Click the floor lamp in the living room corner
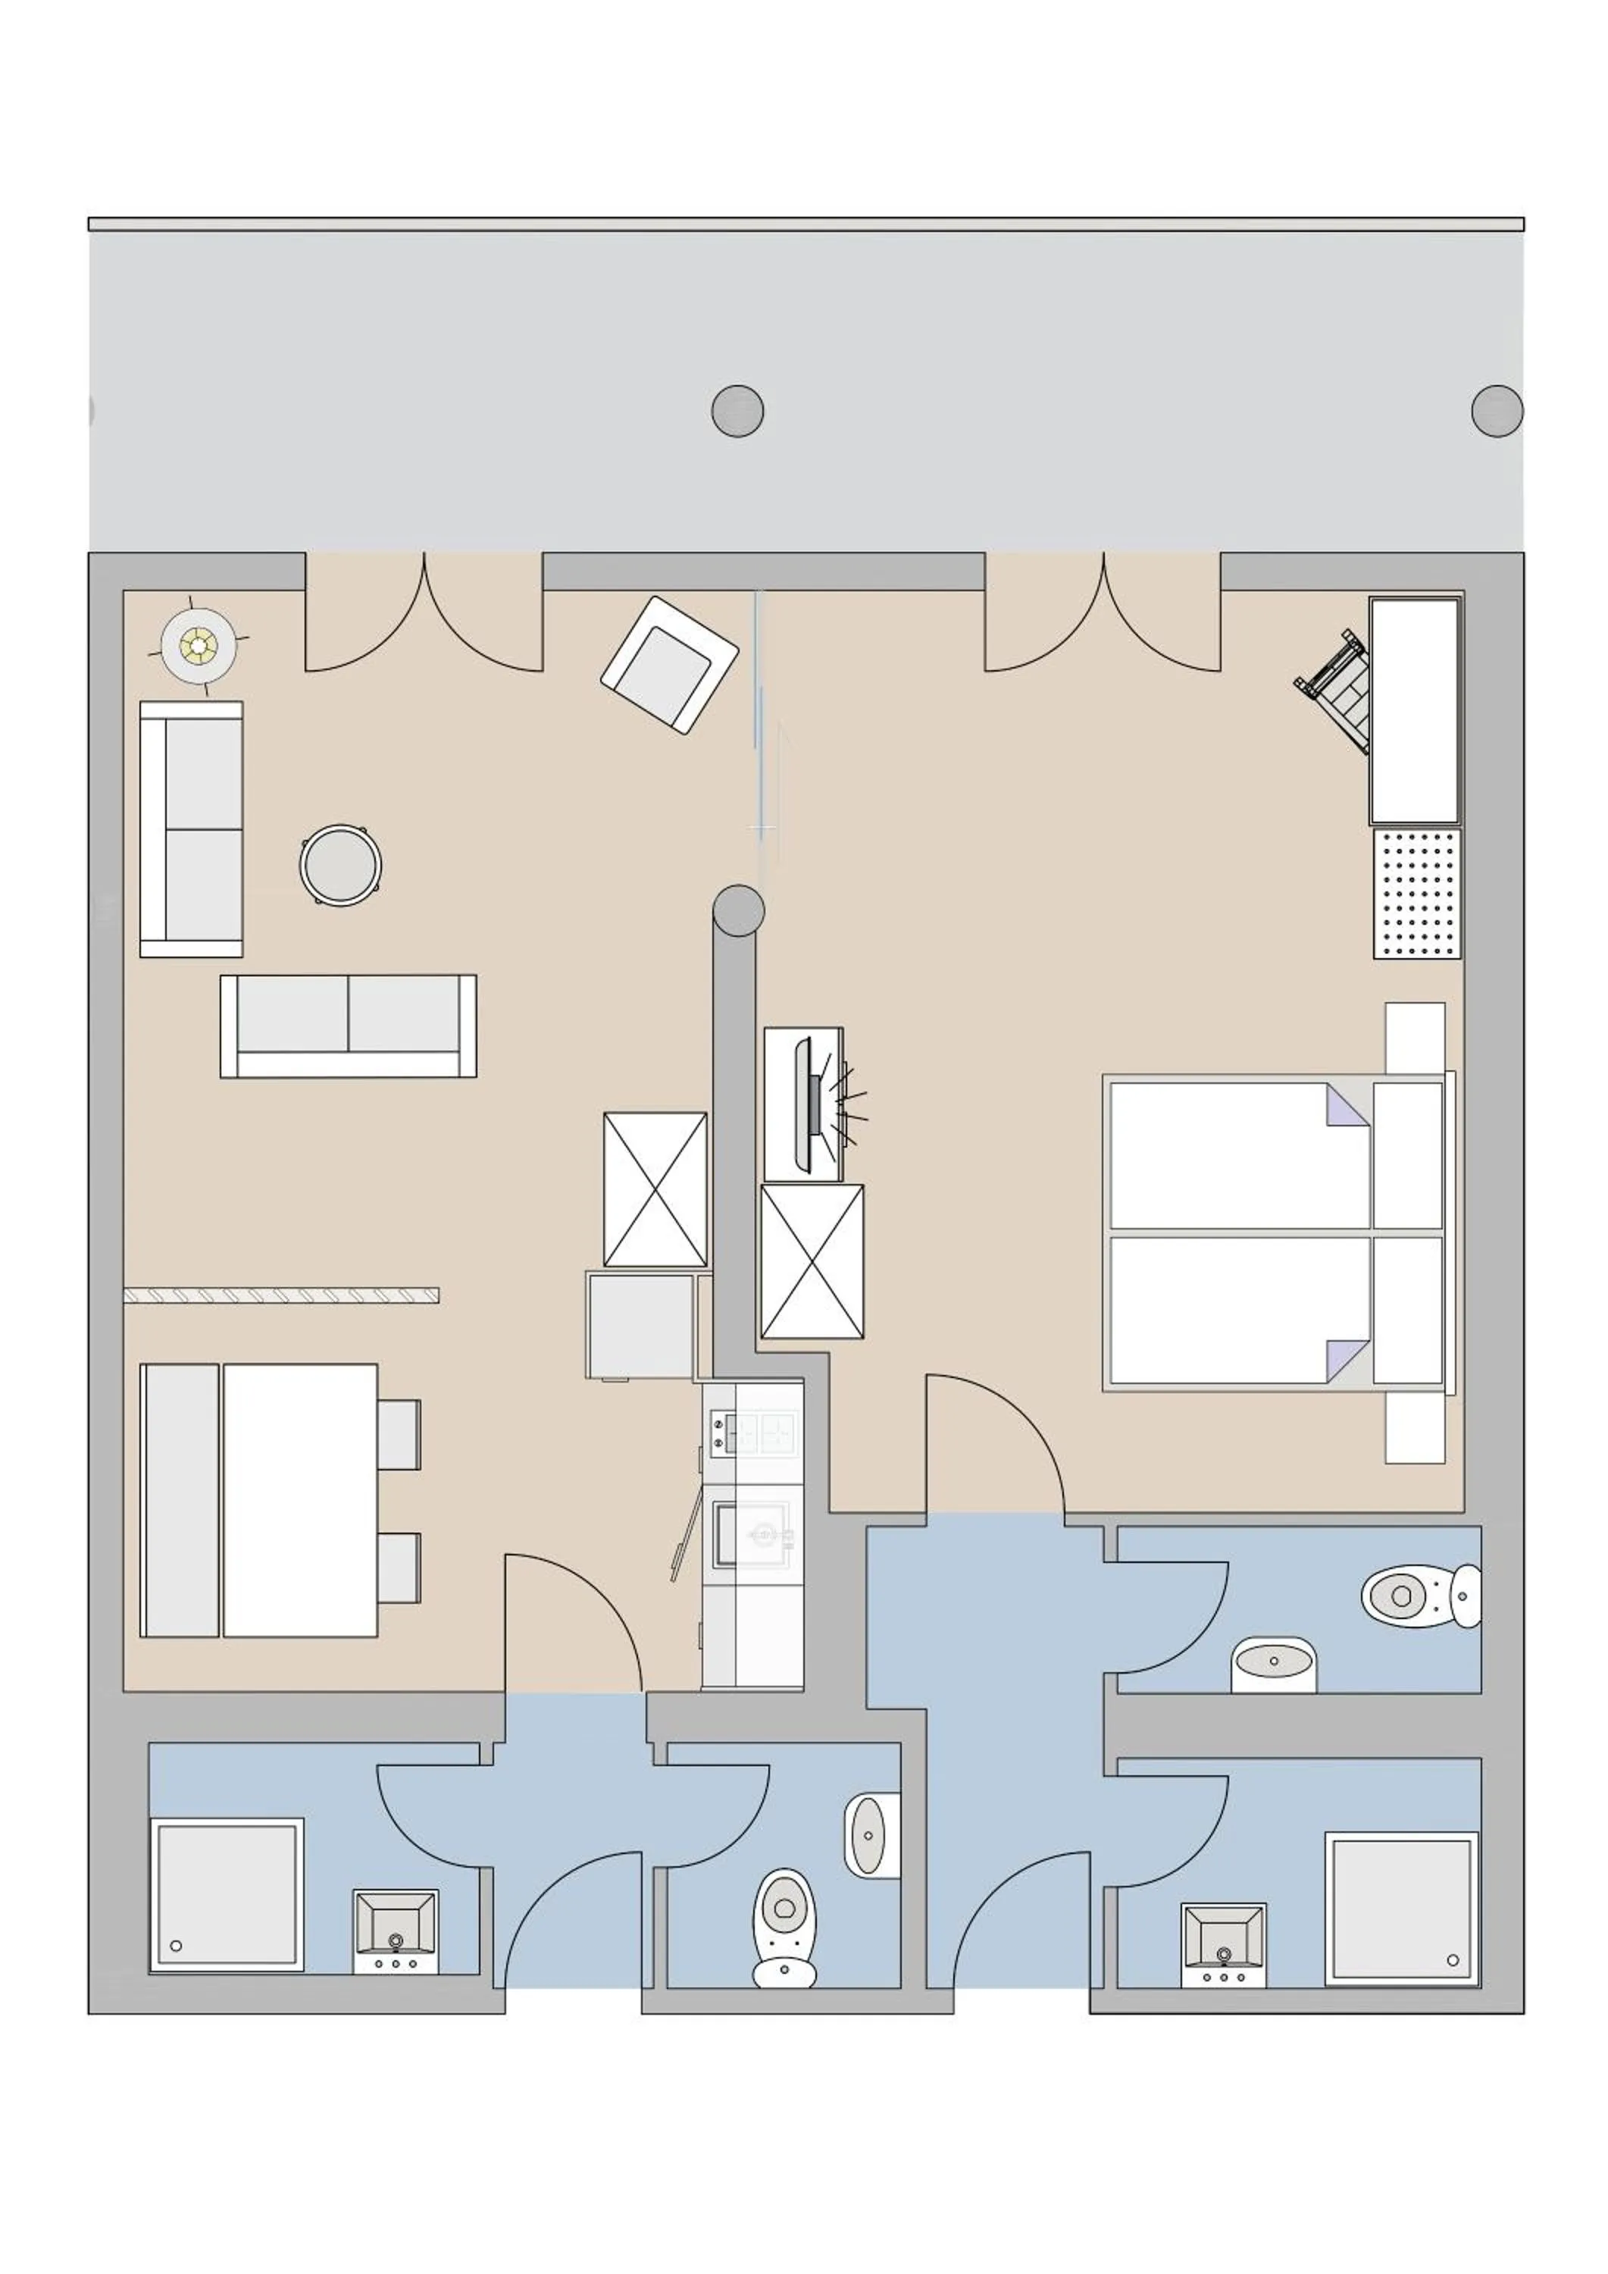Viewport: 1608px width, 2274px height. coord(199,646)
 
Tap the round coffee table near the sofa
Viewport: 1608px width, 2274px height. coord(340,866)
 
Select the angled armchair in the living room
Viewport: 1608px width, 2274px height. coord(669,665)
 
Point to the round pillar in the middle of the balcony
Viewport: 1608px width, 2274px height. coord(737,410)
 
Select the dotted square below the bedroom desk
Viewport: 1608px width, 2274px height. coord(1417,894)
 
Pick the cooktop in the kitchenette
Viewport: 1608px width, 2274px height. coord(752,1433)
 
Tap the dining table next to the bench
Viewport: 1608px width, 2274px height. coord(300,1499)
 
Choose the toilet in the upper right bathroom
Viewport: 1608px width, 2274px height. coord(1416,1596)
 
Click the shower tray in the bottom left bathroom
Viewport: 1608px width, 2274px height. coord(227,1895)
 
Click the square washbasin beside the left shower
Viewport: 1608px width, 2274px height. coord(395,1929)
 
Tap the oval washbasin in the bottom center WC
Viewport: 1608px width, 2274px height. coord(868,1835)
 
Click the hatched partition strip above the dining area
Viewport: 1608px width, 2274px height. coord(281,1295)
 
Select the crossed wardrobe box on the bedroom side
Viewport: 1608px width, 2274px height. coord(812,1262)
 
